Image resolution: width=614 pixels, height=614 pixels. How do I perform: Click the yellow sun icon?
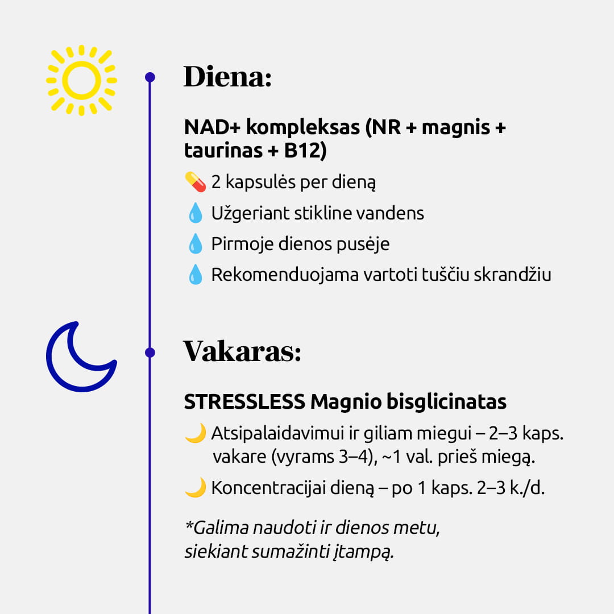click(x=81, y=80)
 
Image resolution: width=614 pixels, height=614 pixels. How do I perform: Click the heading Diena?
click(x=227, y=77)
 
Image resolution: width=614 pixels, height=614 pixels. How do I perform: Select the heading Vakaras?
click(x=242, y=351)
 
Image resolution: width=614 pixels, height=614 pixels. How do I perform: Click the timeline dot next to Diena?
click(x=150, y=77)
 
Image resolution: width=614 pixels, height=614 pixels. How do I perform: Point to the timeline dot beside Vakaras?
click(x=150, y=352)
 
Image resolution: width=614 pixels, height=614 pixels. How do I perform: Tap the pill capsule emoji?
click(x=195, y=182)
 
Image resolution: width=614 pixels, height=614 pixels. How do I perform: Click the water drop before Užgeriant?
click(x=195, y=214)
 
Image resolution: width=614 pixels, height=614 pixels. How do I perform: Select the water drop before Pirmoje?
click(x=195, y=244)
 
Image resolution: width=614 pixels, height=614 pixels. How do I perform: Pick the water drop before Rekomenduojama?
click(x=195, y=275)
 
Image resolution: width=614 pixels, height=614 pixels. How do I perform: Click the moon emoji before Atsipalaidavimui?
click(x=195, y=434)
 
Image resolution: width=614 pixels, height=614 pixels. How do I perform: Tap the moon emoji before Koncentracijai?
click(x=195, y=488)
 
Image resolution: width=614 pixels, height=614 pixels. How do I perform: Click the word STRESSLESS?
click(x=244, y=402)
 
